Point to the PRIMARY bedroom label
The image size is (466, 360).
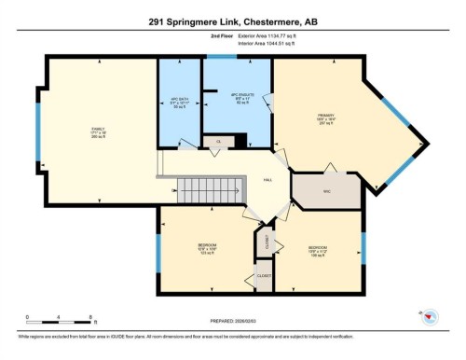click(x=324, y=118)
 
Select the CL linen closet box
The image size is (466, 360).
click(x=217, y=142)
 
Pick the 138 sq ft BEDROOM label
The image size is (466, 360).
click(x=317, y=249)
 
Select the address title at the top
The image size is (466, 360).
click(x=232, y=21)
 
